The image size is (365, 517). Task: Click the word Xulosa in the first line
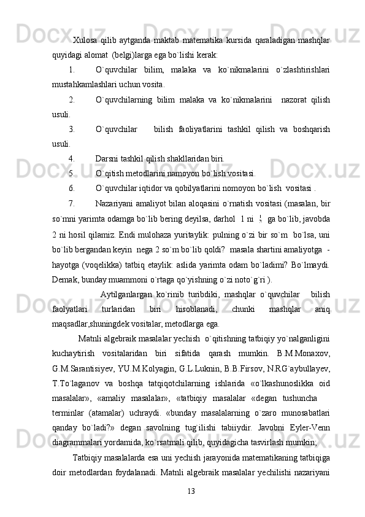85,41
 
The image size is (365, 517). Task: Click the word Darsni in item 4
108,157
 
